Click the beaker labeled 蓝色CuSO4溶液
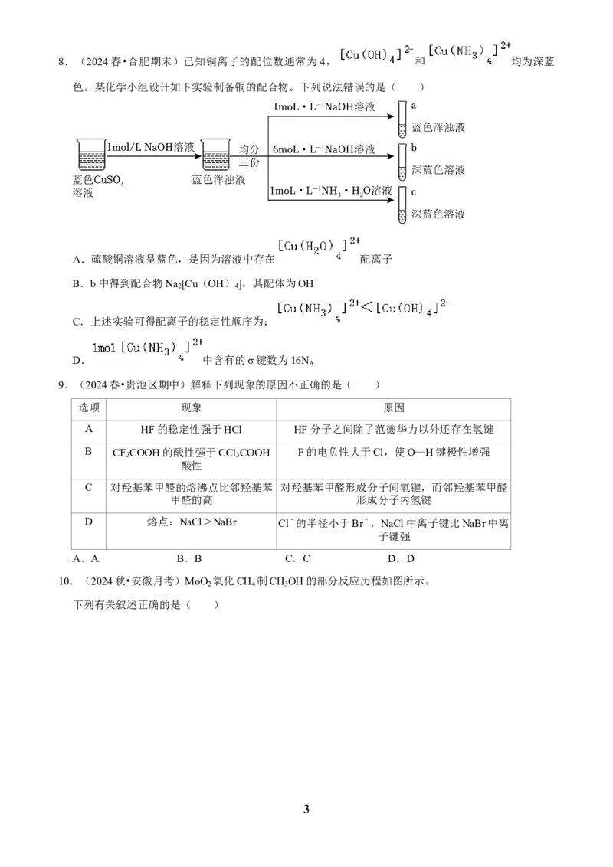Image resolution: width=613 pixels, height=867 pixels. [91, 154]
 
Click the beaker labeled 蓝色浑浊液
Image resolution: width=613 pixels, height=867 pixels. [216, 154]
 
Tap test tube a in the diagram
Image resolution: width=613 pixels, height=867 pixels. [402, 119]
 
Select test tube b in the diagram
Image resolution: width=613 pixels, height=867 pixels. [402, 162]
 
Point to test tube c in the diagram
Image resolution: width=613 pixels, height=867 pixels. [402, 205]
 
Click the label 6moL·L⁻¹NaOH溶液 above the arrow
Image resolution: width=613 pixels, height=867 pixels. [323, 149]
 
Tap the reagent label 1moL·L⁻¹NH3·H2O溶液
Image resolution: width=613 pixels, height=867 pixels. [331, 191]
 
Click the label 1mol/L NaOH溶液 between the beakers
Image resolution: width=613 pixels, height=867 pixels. [151, 147]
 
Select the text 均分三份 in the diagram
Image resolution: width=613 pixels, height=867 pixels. [249, 156]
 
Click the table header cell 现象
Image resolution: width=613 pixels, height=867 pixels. [192, 408]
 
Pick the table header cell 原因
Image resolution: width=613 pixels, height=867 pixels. [394, 408]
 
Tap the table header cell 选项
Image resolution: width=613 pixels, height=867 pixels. [89, 408]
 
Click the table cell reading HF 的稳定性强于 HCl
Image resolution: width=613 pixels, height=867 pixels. [192, 430]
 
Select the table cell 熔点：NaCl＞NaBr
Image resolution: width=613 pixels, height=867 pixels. [192, 522]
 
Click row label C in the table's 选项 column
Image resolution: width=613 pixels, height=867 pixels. [89, 487]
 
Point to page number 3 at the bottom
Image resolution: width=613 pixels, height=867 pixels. [306, 809]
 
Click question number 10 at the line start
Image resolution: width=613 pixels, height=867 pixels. [65, 581]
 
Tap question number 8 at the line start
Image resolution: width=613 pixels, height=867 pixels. [63, 62]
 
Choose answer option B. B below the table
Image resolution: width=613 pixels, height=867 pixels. [189, 558]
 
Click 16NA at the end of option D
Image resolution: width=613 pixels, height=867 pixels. [303, 361]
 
